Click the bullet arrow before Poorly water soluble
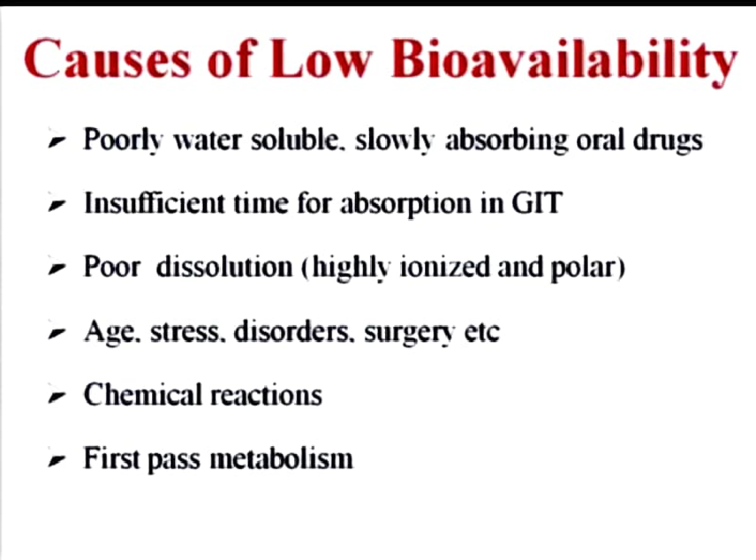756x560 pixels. point(56,143)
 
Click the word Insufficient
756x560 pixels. point(156,204)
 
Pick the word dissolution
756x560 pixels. point(224,267)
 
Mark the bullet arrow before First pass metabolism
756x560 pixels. point(56,460)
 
